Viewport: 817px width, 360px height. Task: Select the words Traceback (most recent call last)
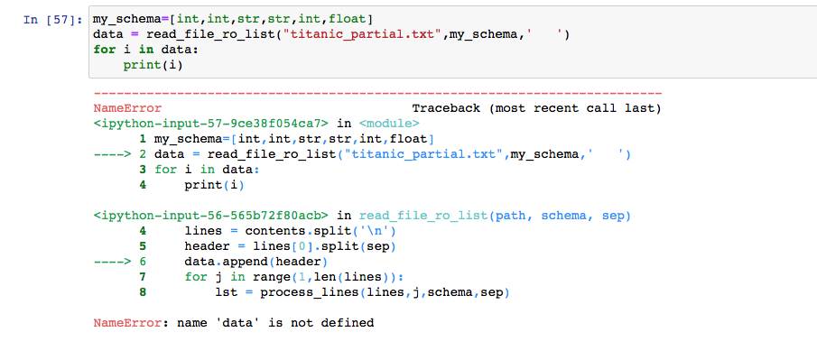click(x=536, y=108)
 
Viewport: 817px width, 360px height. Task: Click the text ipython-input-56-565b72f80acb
click(x=209, y=216)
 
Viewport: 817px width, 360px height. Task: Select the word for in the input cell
click(x=104, y=50)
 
